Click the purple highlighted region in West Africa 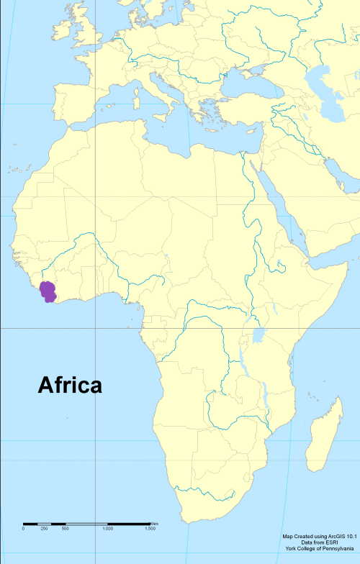pos(49,292)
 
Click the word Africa pos(70,385)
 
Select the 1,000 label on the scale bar pos(108,529)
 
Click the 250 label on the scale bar pos(44,529)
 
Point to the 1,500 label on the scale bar pos(150,529)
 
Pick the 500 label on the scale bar pos(65,529)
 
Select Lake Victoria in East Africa pos(259,335)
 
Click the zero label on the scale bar pos(23,529)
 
